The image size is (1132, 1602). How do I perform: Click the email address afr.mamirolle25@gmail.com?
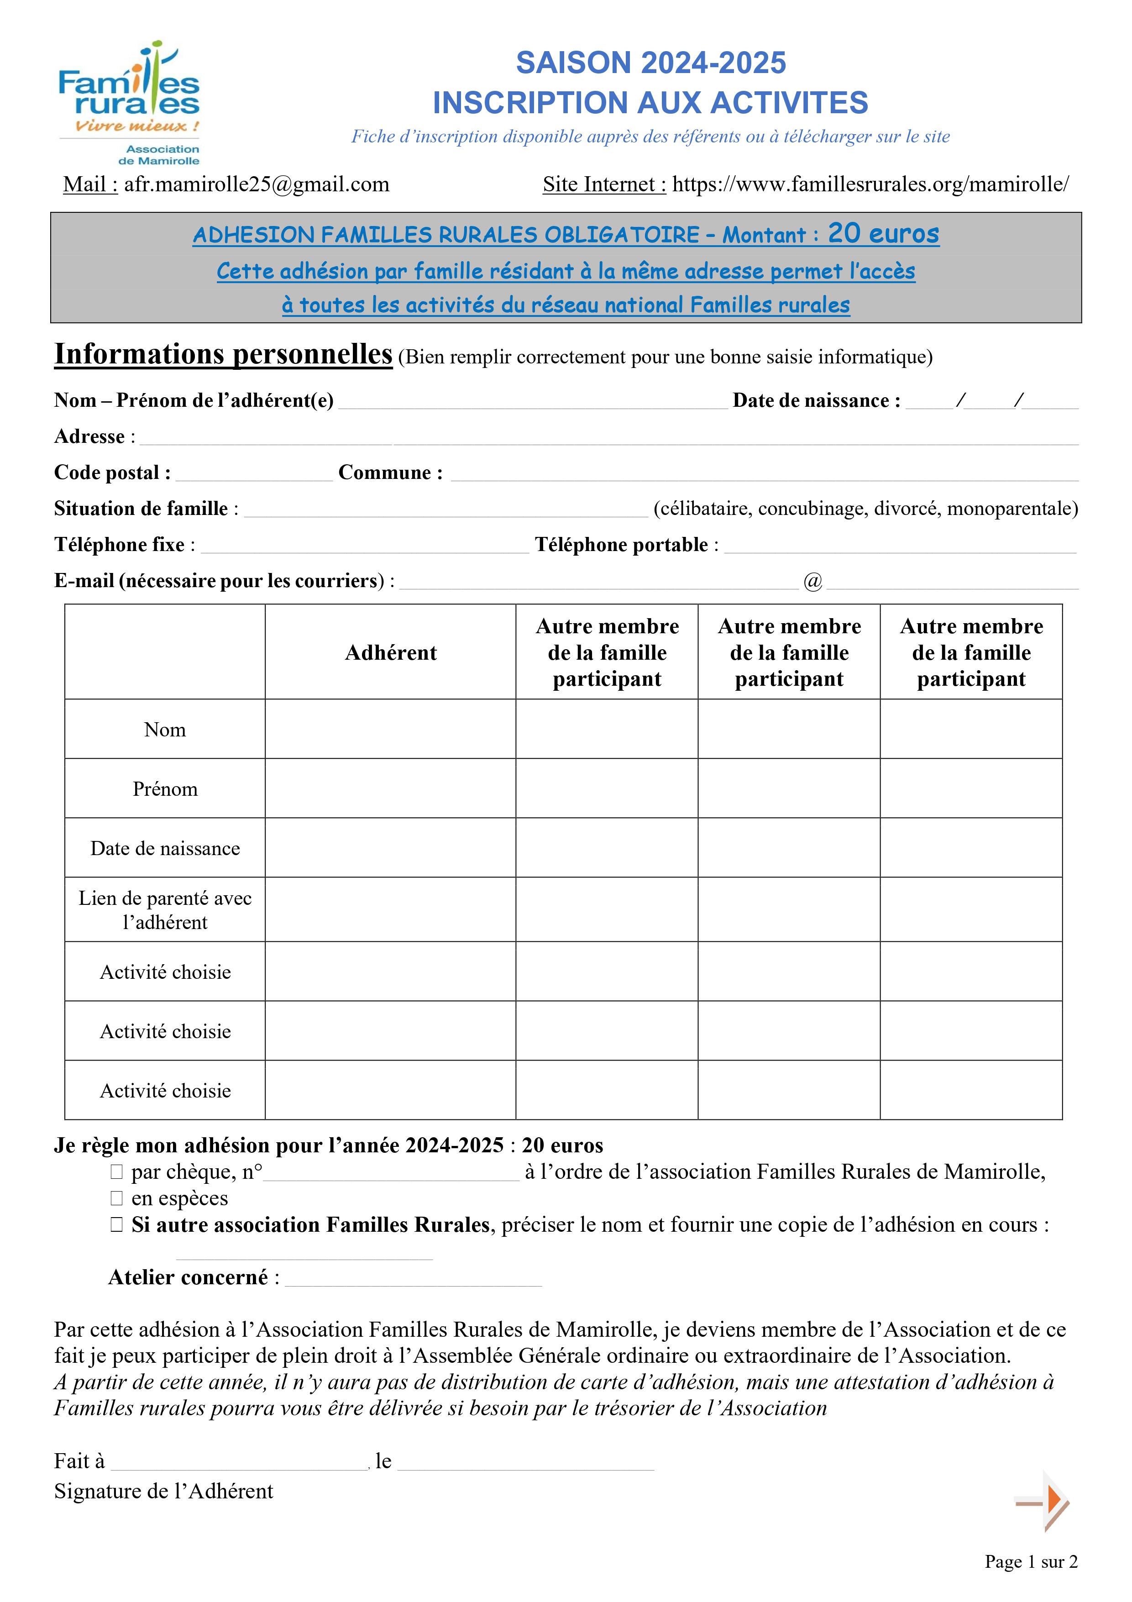256,184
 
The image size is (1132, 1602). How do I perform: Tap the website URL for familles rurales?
870,184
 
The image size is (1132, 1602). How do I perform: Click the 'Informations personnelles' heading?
223,354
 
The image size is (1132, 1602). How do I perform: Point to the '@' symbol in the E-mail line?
812,581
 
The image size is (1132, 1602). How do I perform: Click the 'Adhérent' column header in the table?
391,652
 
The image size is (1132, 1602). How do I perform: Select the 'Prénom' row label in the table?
165,789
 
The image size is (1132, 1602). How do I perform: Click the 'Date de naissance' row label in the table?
165,848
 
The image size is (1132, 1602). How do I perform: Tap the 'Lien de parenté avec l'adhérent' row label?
165,910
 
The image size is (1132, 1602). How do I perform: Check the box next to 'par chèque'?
116,1172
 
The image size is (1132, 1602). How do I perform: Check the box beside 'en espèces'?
116,1199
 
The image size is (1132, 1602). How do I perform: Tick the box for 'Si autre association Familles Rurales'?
116,1225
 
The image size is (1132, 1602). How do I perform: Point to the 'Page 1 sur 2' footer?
1031,1562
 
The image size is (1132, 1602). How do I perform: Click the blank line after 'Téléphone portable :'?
900,547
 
